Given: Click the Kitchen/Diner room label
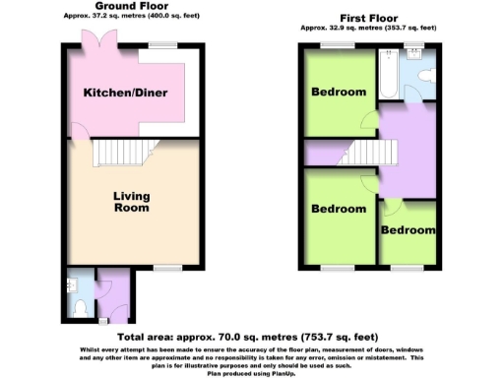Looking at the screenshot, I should point(124,93).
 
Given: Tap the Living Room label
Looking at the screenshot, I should point(130,202).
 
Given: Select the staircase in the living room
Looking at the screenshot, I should point(119,154).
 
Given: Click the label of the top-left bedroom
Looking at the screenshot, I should point(339,93).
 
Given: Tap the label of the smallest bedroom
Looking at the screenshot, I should point(409,230).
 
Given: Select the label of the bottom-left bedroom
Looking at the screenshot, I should point(339,210).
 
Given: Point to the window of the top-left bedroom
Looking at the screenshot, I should point(332,46).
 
